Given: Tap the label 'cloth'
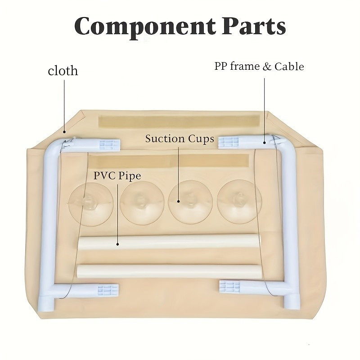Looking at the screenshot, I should [x=63, y=71].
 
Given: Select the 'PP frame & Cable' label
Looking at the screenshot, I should [x=259, y=67].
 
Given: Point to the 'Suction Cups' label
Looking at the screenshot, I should [x=179, y=139].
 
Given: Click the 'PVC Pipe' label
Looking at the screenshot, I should [x=117, y=175].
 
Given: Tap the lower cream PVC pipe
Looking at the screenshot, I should [x=169, y=270].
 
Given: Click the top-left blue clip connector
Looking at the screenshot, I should [x=108, y=144].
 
